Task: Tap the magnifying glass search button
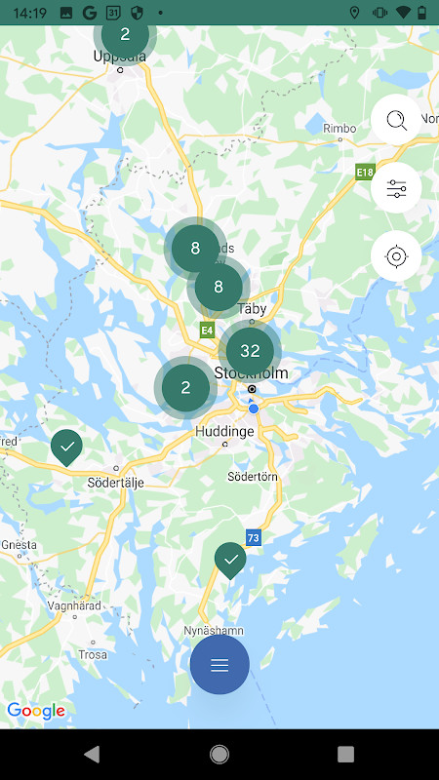[x=396, y=121]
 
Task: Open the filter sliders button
[x=396, y=189]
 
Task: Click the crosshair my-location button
[x=396, y=257]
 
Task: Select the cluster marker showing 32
[x=250, y=351]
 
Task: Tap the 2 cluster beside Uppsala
[x=125, y=34]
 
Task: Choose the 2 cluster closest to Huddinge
[x=185, y=387]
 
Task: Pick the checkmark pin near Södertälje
[x=67, y=448]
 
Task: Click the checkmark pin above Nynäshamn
[x=230, y=560]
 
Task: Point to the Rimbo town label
[x=339, y=127]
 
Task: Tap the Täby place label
[x=252, y=308]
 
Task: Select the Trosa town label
[x=92, y=654]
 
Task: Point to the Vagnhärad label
[x=74, y=604]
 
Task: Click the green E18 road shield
[x=365, y=173]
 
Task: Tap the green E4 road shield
[x=207, y=331]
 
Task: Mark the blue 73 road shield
[x=254, y=537]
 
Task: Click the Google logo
[x=36, y=711]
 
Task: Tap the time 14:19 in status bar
[x=32, y=13]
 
